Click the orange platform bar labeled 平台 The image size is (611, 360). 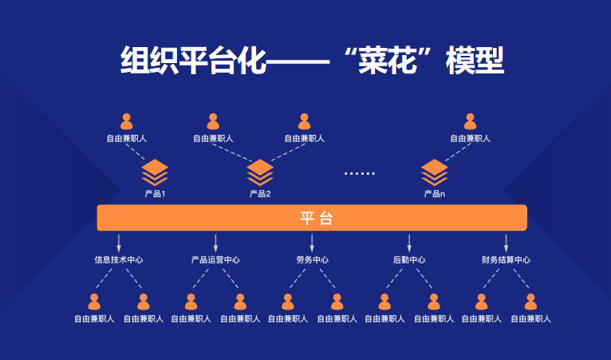[x=312, y=218]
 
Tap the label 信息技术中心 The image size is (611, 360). [x=119, y=259]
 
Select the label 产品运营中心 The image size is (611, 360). [x=215, y=259]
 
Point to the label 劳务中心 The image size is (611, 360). [x=312, y=259]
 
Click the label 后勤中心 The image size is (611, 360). [x=409, y=259]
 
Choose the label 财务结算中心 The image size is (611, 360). [x=506, y=259]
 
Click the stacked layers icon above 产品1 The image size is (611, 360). [x=156, y=172]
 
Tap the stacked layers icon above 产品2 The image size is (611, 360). [x=260, y=172]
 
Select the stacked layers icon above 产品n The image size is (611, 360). [x=435, y=172]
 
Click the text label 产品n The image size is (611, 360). [x=435, y=194]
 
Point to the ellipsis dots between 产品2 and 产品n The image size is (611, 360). [x=359, y=172]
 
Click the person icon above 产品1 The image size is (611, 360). [x=126, y=121]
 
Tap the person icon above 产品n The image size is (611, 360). [x=470, y=121]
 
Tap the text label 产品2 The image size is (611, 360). [x=260, y=194]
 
